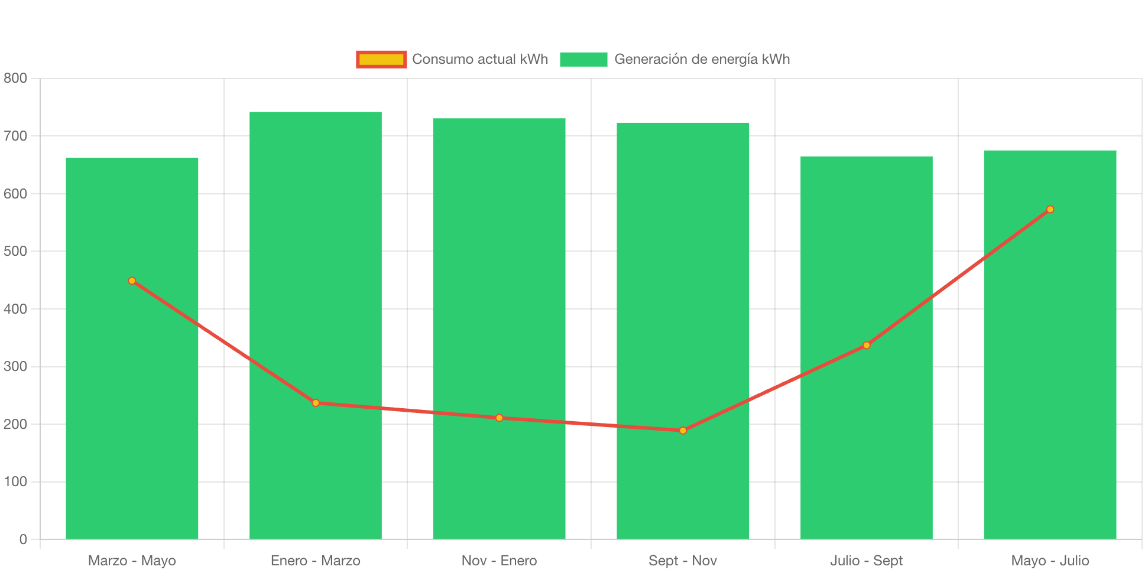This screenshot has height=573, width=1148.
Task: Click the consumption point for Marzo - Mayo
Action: click(132, 281)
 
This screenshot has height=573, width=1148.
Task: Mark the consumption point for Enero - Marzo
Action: click(316, 403)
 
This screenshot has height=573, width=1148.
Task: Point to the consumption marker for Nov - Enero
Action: click(500, 418)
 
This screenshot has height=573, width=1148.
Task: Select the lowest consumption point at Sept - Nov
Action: click(683, 431)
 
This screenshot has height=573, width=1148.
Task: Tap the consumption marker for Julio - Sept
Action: click(867, 345)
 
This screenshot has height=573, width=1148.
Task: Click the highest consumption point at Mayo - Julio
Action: click(1050, 209)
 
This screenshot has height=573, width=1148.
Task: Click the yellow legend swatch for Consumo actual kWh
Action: click(381, 59)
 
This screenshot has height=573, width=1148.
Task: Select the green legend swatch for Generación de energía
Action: click(583, 59)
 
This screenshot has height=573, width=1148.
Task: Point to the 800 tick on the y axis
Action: click(15, 78)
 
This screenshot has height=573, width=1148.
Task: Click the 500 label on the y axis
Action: click(15, 251)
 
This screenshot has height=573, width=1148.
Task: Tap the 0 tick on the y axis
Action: click(23, 539)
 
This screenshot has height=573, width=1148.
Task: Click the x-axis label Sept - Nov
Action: click(683, 561)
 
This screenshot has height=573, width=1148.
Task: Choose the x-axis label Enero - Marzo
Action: click(315, 561)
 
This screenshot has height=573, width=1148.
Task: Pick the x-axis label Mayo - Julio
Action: click(1050, 561)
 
